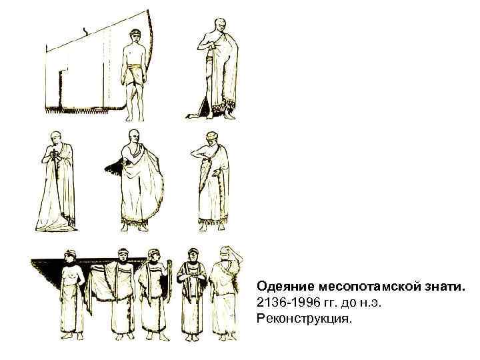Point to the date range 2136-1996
(283, 303)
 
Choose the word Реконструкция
(303, 320)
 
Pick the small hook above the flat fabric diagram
(85, 30)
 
